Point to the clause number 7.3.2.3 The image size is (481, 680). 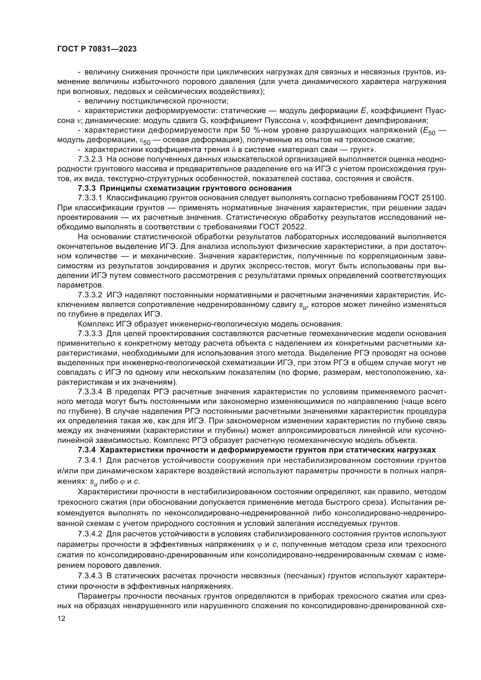coord(90,159)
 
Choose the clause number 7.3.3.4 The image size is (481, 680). coord(90,392)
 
